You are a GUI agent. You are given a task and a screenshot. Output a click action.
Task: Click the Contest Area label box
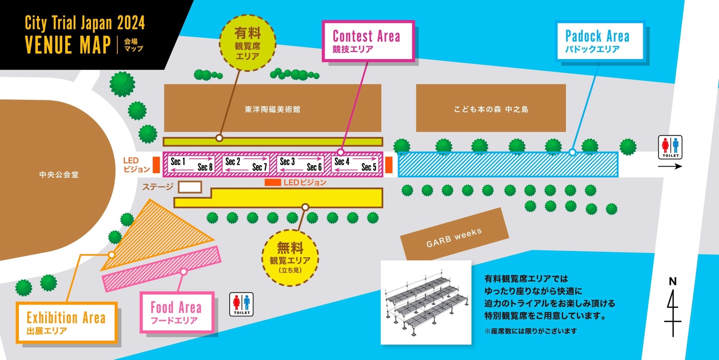pyautogui.click(x=368, y=41)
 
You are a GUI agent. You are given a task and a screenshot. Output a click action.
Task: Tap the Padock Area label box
pyautogui.click(x=599, y=41)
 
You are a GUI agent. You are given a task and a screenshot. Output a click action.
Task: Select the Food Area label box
pyautogui.click(x=177, y=312)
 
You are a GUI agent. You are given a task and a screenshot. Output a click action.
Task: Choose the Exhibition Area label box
pyautogui.click(x=67, y=323)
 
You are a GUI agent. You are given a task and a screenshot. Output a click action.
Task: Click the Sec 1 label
pyautogui.click(x=178, y=161)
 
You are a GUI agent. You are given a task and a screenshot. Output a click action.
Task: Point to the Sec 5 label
pyautogui.click(x=369, y=167)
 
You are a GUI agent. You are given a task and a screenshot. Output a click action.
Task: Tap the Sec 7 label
pyautogui.click(x=260, y=167)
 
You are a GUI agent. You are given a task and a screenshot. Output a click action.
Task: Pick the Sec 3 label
pyautogui.click(x=287, y=161)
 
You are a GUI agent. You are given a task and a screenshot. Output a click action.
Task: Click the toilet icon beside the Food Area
pyautogui.click(x=242, y=304)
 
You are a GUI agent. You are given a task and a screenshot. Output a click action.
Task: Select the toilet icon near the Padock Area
pyautogui.click(x=670, y=147)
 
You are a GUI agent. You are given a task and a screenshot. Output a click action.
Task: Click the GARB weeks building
pyautogui.click(x=454, y=237)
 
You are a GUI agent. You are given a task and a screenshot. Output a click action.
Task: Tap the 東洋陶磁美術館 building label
pyautogui.click(x=273, y=109)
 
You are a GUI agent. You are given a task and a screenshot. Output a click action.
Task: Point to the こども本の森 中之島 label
pyautogui.click(x=491, y=109)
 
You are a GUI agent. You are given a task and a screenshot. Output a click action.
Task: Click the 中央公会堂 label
pyautogui.click(x=59, y=174)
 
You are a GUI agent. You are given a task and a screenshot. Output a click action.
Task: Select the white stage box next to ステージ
pyautogui.click(x=190, y=187)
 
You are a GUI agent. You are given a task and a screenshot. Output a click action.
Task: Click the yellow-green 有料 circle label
pyautogui.click(x=247, y=43)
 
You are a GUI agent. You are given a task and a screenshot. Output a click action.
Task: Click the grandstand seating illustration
pyautogui.click(x=426, y=302)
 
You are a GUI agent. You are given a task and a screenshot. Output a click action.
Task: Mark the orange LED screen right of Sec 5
pyautogui.click(x=389, y=165)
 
